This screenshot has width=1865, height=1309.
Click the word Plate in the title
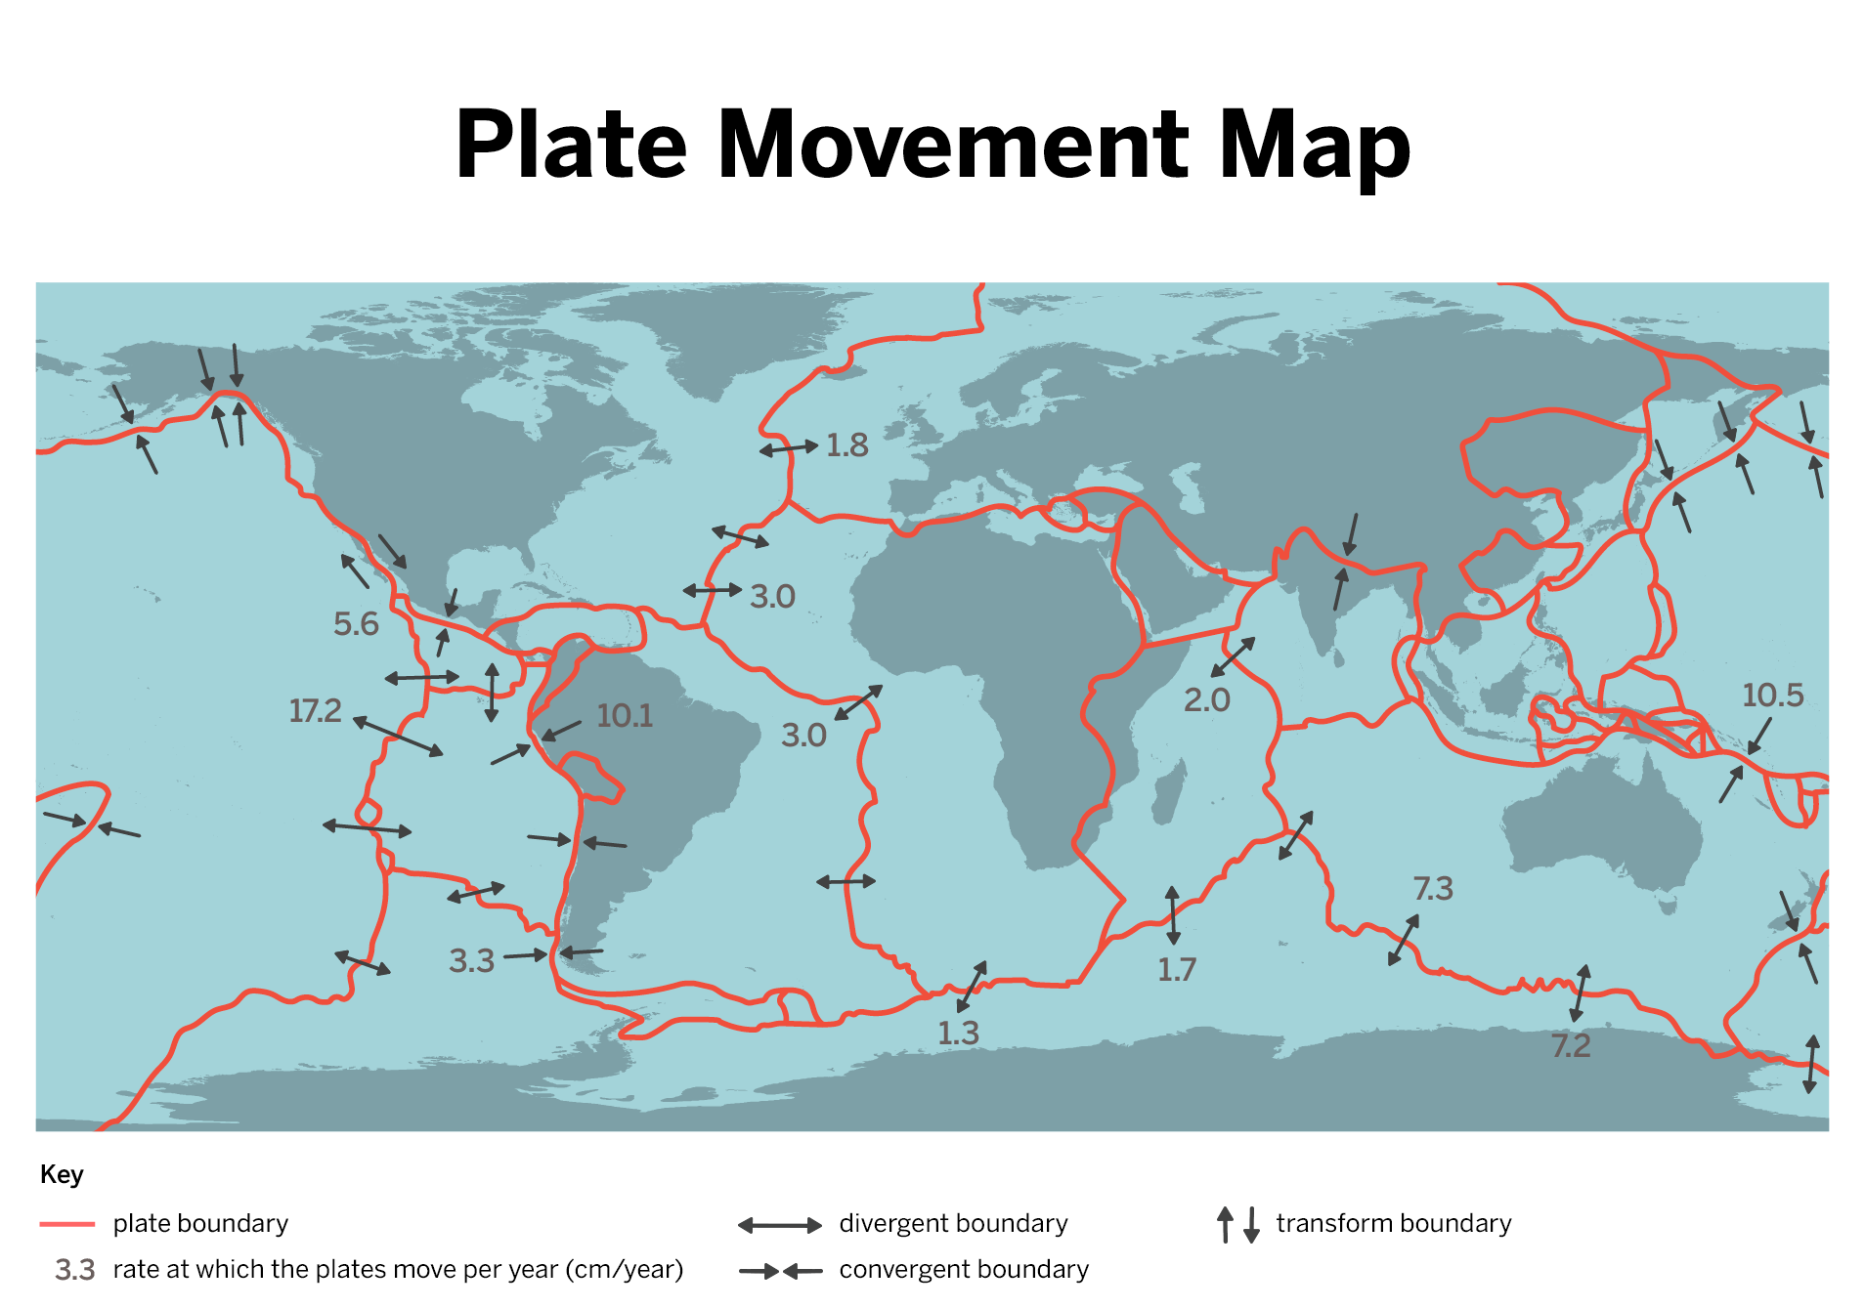click(x=572, y=145)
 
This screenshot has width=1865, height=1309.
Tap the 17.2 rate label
click(x=315, y=710)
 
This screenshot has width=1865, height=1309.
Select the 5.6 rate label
click(x=356, y=623)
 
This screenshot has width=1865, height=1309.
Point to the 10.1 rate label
click(x=625, y=715)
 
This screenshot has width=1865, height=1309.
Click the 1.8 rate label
click(x=846, y=445)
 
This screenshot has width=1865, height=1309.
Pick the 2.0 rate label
click(x=1206, y=699)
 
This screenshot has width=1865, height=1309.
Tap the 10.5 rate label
click(x=1772, y=695)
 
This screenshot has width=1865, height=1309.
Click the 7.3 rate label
click(x=1433, y=888)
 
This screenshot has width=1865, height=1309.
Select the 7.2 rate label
click(x=1571, y=1045)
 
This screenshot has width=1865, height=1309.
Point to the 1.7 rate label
click(x=1177, y=969)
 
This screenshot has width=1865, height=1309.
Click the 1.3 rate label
click(x=958, y=1033)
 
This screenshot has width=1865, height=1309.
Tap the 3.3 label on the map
click(x=471, y=960)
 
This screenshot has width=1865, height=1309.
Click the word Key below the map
click(x=62, y=1174)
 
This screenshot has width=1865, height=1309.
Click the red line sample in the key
click(x=67, y=1224)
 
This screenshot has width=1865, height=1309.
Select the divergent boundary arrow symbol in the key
click(x=779, y=1225)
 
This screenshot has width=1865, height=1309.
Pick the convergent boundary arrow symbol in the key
click(x=780, y=1271)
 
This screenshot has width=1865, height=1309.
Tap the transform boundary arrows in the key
click(x=1237, y=1224)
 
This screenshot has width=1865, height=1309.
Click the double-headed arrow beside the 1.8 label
click(x=789, y=448)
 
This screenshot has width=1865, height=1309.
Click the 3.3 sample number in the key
click(x=74, y=1270)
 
